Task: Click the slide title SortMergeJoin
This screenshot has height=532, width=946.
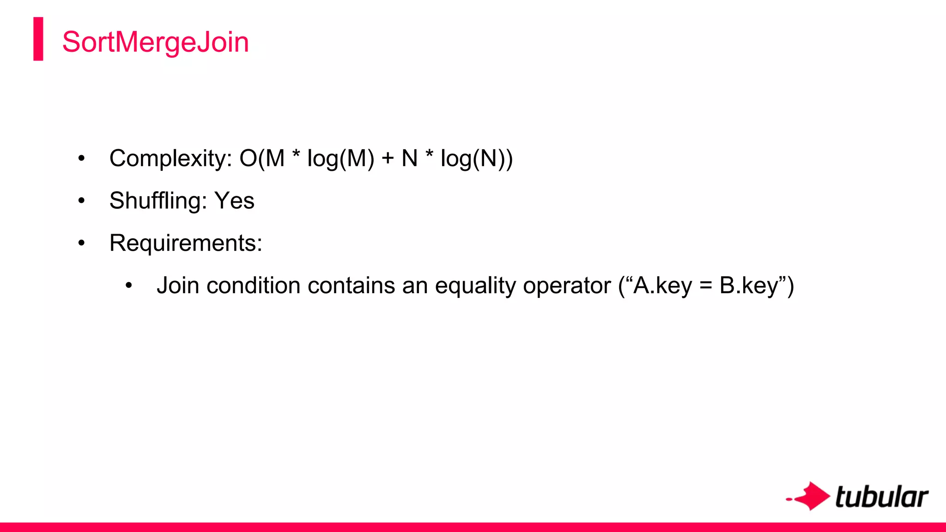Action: pyautogui.click(x=155, y=42)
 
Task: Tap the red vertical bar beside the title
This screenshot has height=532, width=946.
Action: pyautogui.click(x=38, y=39)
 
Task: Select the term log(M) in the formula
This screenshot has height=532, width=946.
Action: pyautogui.click(x=340, y=158)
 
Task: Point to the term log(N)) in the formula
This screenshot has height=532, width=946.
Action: pyautogui.click(x=476, y=158)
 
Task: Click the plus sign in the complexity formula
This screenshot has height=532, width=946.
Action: pyautogui.click(x=388, y=158)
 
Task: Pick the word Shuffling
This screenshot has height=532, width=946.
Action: pyautogui.click(x=158, y=201)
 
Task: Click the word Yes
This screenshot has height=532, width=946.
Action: pyautogui.click(x=234, y=201)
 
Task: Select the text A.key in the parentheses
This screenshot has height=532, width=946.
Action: pyautogui.click(x=662, y=285)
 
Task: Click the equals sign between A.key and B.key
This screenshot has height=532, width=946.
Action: pyautogui.click(x=705, y=285)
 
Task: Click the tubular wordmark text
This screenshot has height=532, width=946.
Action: pyautogui.click(x=881, y=497)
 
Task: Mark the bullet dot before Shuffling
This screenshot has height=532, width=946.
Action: pyautogui.click(x=82, y=201)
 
